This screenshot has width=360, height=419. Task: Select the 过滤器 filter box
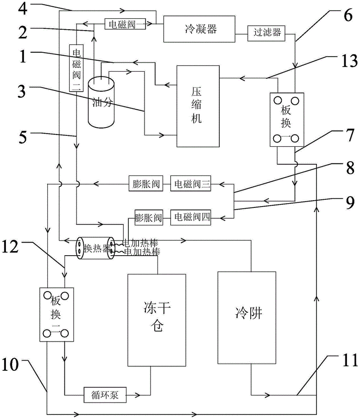coord(266,33)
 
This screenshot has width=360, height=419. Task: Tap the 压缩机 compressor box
coord(198,106)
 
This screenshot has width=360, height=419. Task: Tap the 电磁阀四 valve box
coord(190,218)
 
